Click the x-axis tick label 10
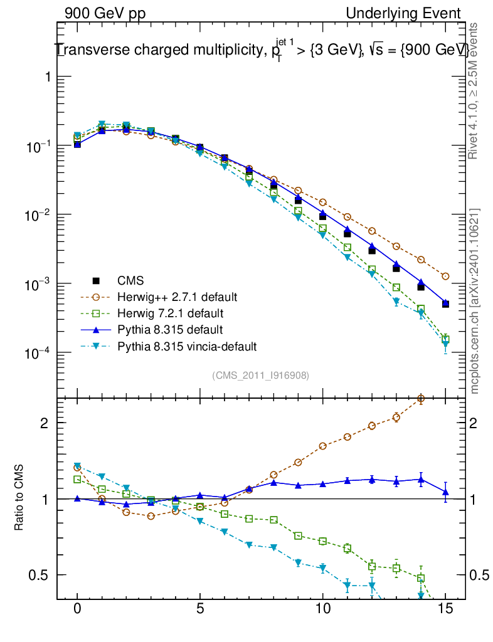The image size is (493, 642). (x=322, y=609)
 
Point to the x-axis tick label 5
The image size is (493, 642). (x=200, y=609)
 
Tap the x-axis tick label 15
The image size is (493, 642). (x=445, y=609)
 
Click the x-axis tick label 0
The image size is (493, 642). (x=77, y=609)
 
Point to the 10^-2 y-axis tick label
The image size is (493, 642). (x=39, y=215)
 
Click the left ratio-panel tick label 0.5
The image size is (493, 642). (x=41, y=575)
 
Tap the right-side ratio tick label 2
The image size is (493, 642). (x=477, y=423)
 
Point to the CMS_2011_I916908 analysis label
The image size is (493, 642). (x=260, y=375)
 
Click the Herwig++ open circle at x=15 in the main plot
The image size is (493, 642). (x=445, y=276)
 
